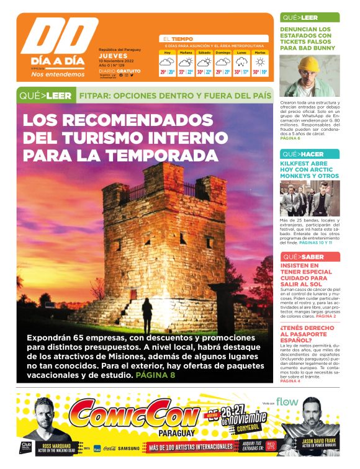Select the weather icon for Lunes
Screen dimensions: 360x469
241,62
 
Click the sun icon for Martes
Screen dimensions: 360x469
259,62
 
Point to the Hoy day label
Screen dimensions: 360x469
167,53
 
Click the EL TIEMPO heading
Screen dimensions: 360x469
178,38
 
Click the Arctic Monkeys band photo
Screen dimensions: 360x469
309,197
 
